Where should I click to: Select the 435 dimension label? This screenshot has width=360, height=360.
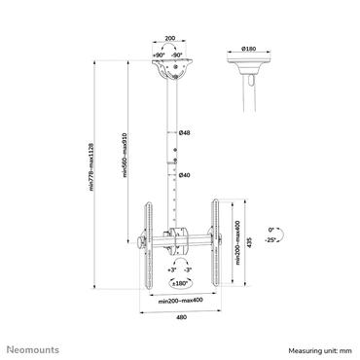(x=253, y=238)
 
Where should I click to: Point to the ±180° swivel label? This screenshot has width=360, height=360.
(x=181, y=283)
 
